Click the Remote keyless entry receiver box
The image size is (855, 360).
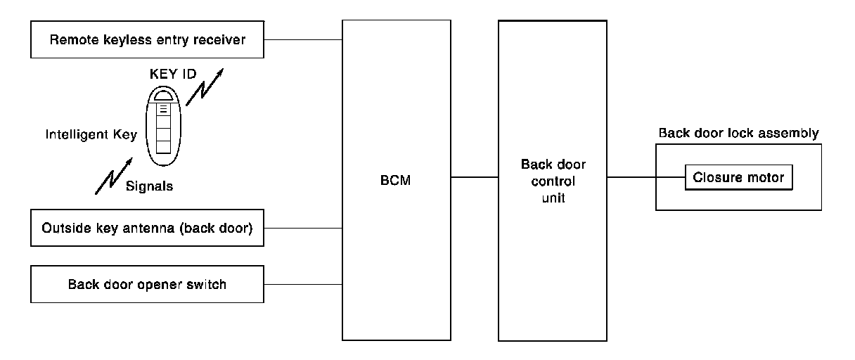pyautogui.click(x=147, y=39)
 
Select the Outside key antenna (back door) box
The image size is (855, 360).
pyautogui.click(x=147, y=229)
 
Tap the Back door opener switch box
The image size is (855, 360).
pyautogui.click(x=147, y=285)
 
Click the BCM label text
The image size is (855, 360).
pyautogui.click(x=397, y=181)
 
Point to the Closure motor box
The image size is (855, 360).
pyautogui.click(x=739, y=178)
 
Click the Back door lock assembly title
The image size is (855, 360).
pyautogui.click(x=738, y=134)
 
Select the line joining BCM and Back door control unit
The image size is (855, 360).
pyautogui.click(x=475, y=177)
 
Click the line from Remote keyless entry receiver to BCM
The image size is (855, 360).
pyautogui.click(x=303, y=39)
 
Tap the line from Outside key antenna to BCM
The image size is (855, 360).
pyautogui.click(x=303, y=229)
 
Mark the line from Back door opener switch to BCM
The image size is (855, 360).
pyautogui.click(x=303, y=285)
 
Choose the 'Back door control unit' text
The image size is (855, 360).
pyautogui.click(x=553, y=181)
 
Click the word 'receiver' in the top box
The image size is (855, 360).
pyautogui.click(x=221, y=39)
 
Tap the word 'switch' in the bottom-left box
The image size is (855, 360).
pyautogui.click(x=207, y=285)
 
